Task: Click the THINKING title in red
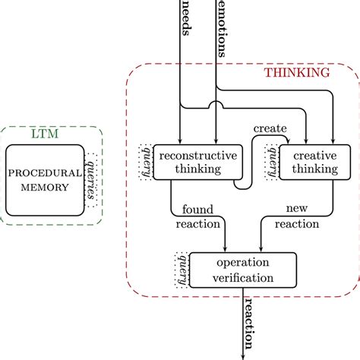296,74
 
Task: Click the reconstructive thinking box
194,162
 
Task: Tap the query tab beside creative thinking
271,161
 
